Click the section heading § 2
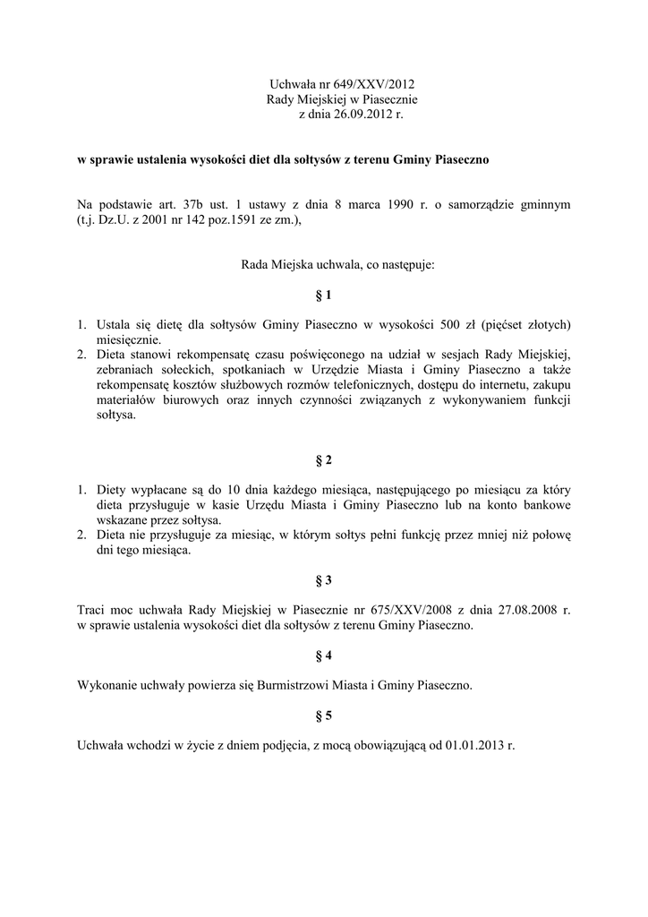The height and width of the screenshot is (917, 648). (323, 460)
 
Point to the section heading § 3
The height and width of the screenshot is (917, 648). (323, 580)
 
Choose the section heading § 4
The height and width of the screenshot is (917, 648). (323, 656)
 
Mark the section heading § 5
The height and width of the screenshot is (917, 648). (323, 716)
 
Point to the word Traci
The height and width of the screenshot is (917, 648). (92, 610)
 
